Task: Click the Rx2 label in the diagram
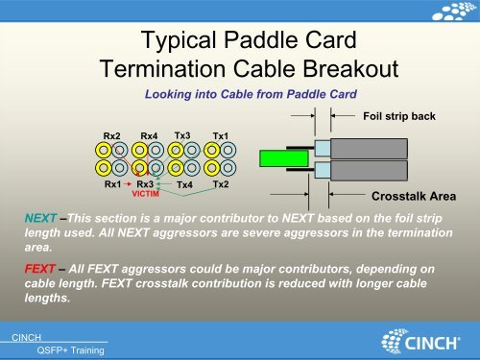(x=113, y=136)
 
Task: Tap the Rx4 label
(x=149, y=136)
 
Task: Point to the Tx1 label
(x=221, y=136)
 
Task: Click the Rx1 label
(x=112, y=183)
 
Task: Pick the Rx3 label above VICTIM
(x=145, y=183)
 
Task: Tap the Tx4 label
(x=184, y=184)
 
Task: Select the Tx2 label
(x=220, y=183)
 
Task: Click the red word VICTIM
(x=146, y=193)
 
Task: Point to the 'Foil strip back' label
(x=399, y=116)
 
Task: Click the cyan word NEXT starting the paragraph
(x=40, y=219)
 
